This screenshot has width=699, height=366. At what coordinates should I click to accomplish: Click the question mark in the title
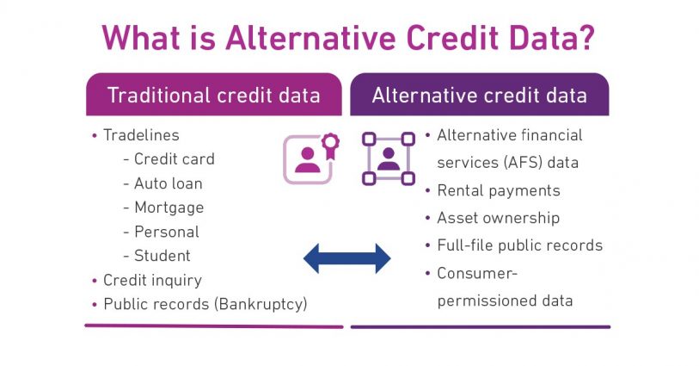[583, 38]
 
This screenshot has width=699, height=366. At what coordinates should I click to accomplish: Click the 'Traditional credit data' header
[214, 95]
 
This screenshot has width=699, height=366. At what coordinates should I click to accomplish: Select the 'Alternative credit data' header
[480, 95]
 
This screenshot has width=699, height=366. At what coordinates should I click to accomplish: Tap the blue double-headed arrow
[346, 258]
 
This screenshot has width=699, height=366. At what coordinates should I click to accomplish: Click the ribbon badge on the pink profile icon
[330, 145]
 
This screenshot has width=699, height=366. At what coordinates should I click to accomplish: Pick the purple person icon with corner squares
[389, 158]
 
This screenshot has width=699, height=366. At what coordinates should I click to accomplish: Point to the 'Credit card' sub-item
[175, 159]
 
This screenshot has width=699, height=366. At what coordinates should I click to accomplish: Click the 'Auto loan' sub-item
[168, 183]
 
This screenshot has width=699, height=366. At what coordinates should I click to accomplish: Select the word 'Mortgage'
[169, 208]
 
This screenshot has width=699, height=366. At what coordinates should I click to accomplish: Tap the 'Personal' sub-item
[167, 233]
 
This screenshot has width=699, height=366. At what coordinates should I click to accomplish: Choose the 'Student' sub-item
[162, 256]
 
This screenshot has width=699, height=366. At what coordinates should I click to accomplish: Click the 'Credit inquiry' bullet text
[152, 280]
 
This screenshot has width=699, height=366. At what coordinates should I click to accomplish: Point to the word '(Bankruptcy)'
[261, 304]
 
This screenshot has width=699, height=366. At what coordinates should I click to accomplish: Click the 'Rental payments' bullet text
[499, 190]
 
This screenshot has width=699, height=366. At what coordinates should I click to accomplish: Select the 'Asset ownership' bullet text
[499, 218]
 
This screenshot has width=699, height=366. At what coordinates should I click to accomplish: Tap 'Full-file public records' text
[520, 245]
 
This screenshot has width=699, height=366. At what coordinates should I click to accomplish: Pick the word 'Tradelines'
[141, 135]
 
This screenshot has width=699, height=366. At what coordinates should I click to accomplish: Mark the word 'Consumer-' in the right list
[477, 273]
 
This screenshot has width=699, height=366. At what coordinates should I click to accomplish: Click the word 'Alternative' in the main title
[310, 38]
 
